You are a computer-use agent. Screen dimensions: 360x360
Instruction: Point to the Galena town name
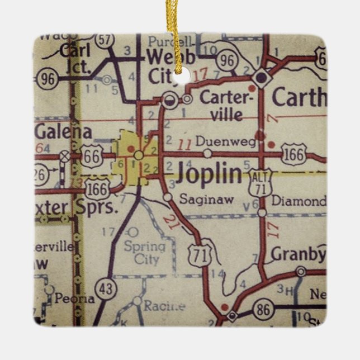63,131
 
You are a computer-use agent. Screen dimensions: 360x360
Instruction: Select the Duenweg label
234,143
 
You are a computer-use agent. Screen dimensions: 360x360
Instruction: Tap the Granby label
298,254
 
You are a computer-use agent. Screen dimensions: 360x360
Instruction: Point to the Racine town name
164,305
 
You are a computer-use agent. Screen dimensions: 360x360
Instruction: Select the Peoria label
75,299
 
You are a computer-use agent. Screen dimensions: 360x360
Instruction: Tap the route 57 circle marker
104,40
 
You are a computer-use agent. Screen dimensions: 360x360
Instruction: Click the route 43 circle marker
105,288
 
